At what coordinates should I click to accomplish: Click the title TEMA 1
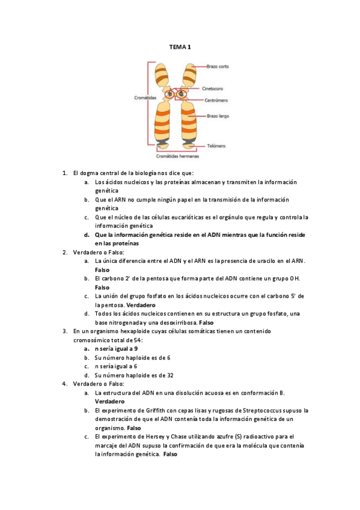[x=179, y=47]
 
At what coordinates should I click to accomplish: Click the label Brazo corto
[x=218, y=66]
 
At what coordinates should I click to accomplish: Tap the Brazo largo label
[x=218, y=115]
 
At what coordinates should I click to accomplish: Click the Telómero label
[x=215, y=146]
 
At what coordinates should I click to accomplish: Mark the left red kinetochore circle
[x=170, y=94]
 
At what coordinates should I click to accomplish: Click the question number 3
[x=65, y=330]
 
